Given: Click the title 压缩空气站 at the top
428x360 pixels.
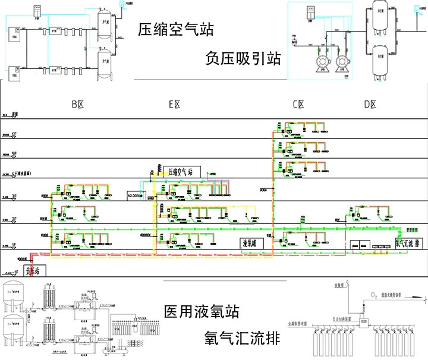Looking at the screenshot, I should [x=175, y=29].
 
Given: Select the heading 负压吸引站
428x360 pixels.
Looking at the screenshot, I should [x=242, y=58].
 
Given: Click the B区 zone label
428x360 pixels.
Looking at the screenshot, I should [x=77, y=105].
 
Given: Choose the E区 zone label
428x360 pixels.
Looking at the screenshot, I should [x=174, y=105].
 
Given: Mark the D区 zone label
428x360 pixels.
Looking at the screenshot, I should [x=370, y=105].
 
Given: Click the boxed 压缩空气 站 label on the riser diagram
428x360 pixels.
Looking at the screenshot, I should [x=181, y=171].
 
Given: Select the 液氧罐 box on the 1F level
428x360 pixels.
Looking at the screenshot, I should [x=251, y=243].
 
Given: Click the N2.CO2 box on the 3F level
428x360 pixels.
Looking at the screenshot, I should [x=136, y=194].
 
